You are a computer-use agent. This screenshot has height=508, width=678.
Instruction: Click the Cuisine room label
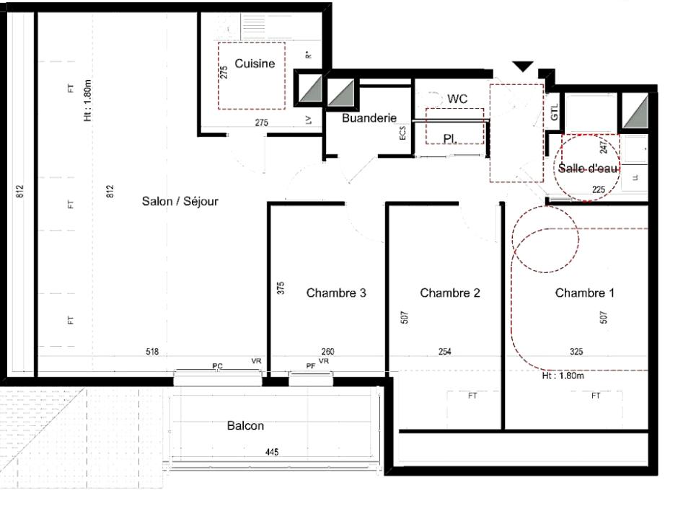click(255, 64)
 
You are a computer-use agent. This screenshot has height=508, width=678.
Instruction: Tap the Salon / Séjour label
click(180, 201)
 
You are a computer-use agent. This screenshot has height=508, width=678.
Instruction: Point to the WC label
click(458, 97)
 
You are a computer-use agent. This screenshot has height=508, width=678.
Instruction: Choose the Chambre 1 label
click(584, 293)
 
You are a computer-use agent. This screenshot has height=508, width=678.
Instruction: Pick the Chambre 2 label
click(450, 293)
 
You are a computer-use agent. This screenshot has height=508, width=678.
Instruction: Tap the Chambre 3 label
click(336, 293)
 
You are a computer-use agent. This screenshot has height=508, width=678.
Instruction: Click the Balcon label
click(246, 426)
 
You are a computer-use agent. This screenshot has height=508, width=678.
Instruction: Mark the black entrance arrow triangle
click(523, 66)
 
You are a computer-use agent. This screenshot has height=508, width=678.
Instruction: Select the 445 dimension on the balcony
click(272, 453)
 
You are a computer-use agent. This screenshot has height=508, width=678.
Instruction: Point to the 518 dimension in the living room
click(152, 352)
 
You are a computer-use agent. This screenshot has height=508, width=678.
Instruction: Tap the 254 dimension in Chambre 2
click(445, 352)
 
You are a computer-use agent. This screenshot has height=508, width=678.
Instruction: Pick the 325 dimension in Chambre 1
click(576, 352)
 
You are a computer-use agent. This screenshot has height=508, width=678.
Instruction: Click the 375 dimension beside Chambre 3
click(281, 288)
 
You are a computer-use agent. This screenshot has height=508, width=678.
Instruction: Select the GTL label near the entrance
click(555, 112)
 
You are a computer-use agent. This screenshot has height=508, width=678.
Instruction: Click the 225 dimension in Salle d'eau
click(598, 190)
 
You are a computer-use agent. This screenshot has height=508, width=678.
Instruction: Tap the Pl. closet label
click(449, 137)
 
